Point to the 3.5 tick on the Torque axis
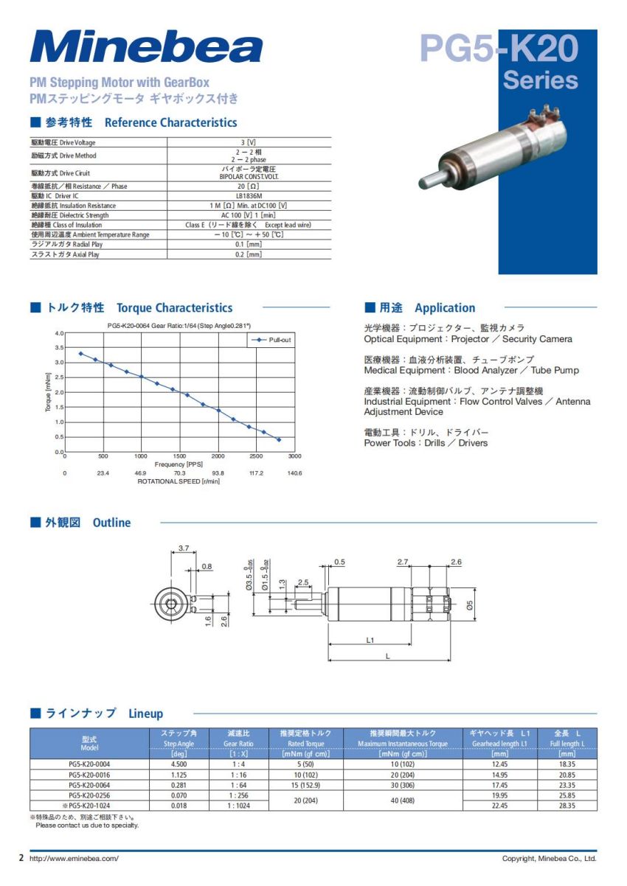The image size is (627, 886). [x=59, y=347]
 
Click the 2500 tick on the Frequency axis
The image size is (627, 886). [x=257, y=456]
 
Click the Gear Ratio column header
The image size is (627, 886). [x=240, y=739]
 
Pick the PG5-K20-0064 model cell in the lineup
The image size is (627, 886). [x=89, y=785]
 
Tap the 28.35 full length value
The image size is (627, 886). [x=567, y=806]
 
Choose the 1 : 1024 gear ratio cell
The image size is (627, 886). [x=240, y=806]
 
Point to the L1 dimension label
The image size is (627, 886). [x=370, y=640]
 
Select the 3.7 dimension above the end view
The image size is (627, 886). [x=184, y=548]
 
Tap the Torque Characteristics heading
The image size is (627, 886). [x=174, y=308]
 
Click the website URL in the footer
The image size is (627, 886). [x=74, y=859]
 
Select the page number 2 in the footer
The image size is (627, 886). [x=21, y=859]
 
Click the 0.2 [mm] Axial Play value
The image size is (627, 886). [x=249, y=254]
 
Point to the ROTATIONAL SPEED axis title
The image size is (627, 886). [x=179, y=481]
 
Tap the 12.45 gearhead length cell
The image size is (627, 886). [x=499, y=764]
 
